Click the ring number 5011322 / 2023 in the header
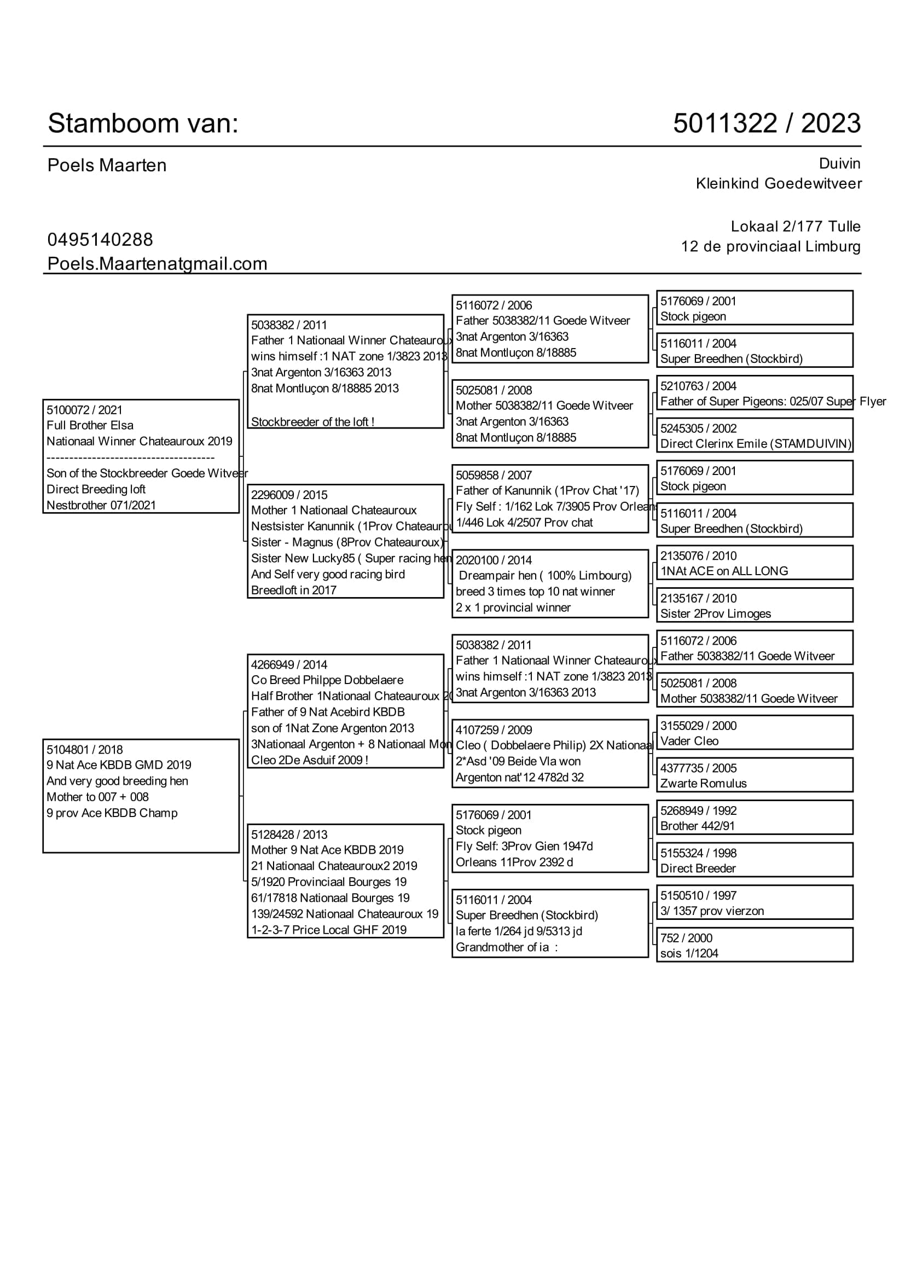tap(766, 123)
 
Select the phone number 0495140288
tap(100, 240)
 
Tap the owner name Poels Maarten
tap(107, 166)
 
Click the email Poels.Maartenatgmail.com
tap(157, 264)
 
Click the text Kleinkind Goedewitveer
tap(779, 183)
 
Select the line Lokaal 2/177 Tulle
tap(795, 227)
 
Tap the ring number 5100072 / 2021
tap(84, 410)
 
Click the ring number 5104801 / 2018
tap(85, 750)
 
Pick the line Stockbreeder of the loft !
tap(312, 422)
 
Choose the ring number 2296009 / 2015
tap(289, 495)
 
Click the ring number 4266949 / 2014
tap(289, 664)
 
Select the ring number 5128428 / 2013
tap(289, 835)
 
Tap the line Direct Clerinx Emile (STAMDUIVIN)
tap(756, 444)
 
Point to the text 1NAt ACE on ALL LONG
tap(724, 571)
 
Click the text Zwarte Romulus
tap(703, 784)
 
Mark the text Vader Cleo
tap(689, 742)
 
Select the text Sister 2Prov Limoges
tap(716, 614)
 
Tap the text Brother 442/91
tap(697, 826)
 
